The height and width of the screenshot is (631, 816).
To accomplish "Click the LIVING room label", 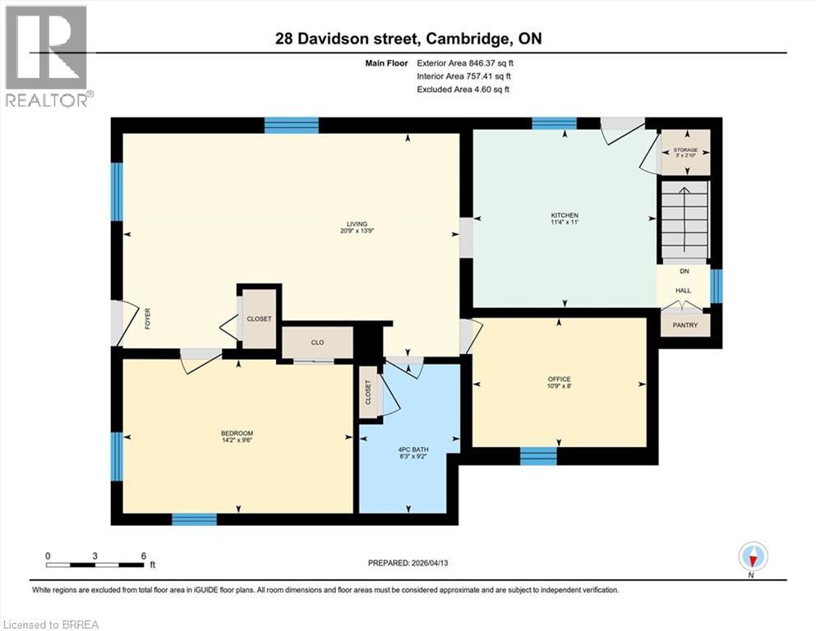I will coord(357,227).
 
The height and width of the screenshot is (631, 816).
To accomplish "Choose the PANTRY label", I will coord(685,325).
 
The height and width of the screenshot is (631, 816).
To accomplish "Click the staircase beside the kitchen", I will coord(684,220).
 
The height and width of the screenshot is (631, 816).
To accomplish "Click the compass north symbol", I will coord(753,558).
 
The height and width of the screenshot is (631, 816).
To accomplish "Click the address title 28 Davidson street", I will coord(408,39).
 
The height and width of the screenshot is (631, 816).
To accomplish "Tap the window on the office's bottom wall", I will coord(538,456).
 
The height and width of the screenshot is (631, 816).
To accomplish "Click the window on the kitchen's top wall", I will coord(554,124).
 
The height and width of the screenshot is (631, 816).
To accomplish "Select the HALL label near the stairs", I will coord(683,291).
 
